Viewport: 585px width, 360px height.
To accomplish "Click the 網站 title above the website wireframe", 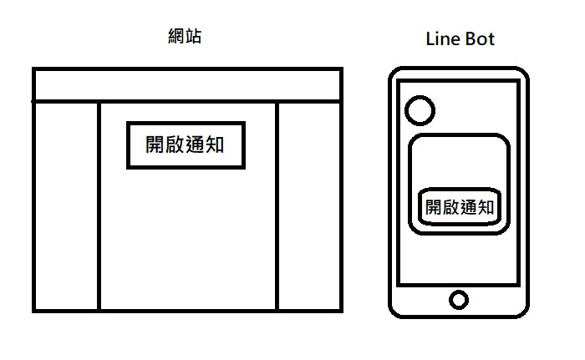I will tap(184, 37).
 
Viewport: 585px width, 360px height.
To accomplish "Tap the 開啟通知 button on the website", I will tap(185, 145).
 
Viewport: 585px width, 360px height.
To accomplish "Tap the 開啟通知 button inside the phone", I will tap(458, 207).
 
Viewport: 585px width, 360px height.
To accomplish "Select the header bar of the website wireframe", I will tap(187, 84).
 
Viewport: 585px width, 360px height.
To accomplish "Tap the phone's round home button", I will tap(458, 299).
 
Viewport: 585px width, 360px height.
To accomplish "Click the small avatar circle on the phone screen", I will tap(419, 109).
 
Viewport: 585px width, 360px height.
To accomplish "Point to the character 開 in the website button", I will tap(155, 145).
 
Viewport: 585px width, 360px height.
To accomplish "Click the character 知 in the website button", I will tap(215, 145).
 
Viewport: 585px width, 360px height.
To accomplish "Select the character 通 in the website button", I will tap(195, 145).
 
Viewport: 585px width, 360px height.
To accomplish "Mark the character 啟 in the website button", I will tap(175, 145).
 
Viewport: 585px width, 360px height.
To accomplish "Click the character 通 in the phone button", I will tap(467, 207).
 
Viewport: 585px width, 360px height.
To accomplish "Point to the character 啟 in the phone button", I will tap(450, 207).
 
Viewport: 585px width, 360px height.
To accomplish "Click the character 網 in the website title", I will tap(175, 37).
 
